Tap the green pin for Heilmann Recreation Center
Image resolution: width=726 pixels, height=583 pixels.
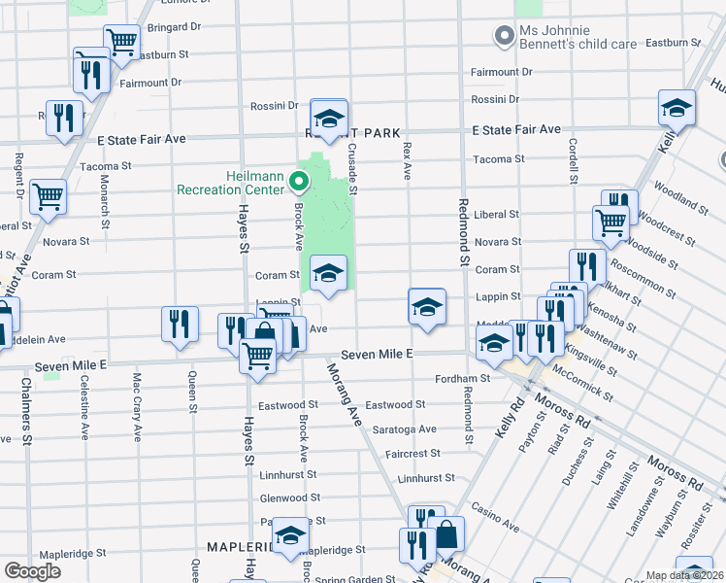[300, 181]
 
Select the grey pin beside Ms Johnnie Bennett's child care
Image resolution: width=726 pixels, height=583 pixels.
[504, 38]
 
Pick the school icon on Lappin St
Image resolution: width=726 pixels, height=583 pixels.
[426, 307]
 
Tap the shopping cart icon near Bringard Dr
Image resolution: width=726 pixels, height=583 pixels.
[121, 43]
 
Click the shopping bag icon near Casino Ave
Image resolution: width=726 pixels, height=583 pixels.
[445, 534]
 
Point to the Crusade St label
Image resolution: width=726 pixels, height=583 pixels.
[352, 167]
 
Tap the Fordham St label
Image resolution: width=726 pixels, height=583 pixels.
[463, 378]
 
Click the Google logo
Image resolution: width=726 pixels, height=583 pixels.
[32, 571]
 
